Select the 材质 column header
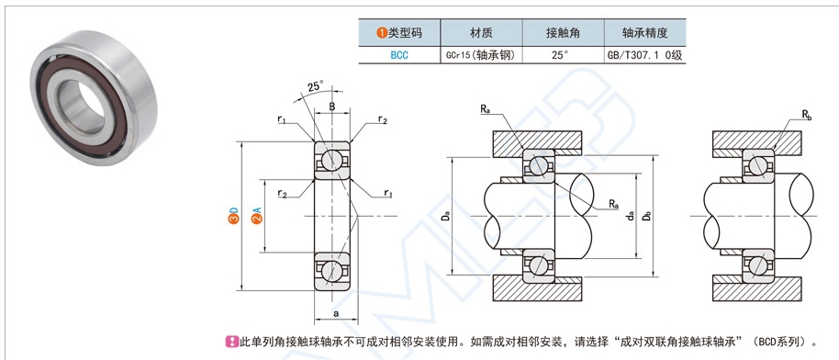pos(481,33)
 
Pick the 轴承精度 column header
pos(643,33)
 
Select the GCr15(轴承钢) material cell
pos(481,54)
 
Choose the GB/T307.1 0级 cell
pos(643,54)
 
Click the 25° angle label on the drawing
pos(315,86)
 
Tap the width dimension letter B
pos(331,107)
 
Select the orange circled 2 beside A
pos(258,217)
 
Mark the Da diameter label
pos(445,217)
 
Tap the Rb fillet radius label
pos(806,116)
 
